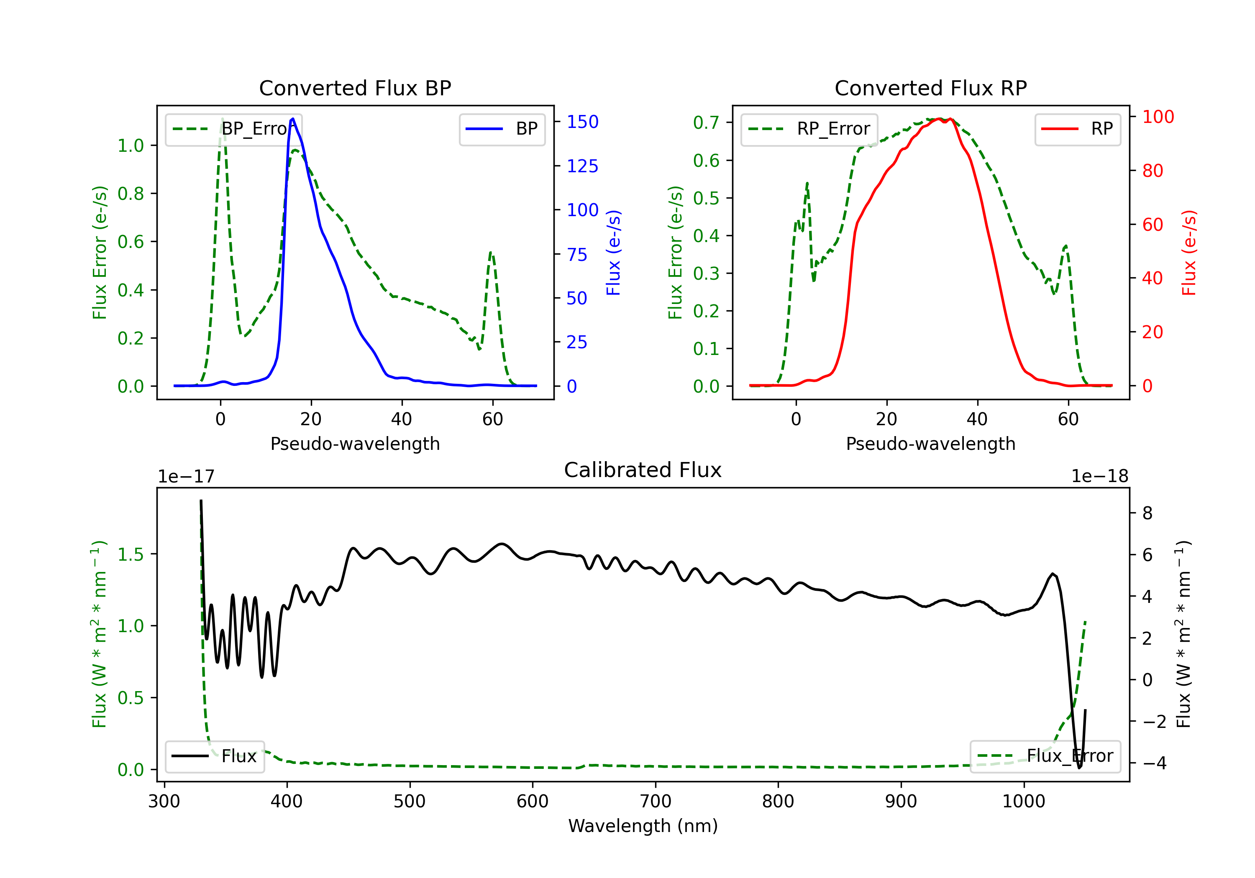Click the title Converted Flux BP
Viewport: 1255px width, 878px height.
click(x=355, y=88)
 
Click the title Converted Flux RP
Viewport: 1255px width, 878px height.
click(x=931, y=88)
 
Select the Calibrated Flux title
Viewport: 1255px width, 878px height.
click(x=643, y=470)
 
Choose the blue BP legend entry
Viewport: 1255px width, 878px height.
click(x=502, y=129)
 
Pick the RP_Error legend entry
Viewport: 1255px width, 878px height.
click(x=809, y=129)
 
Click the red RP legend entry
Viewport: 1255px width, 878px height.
click(x=1077, y=129)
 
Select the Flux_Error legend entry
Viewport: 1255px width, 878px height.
click(x=1045, y=756)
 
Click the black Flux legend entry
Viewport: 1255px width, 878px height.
click(x=214, y=756)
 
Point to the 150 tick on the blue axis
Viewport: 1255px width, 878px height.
click(x=583, y=122)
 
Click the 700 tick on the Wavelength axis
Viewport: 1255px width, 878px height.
click(x=656, y=801)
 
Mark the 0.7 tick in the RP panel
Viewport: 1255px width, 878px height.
click(x=706, y=123)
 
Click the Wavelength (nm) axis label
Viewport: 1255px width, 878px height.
click(x=643, y=826)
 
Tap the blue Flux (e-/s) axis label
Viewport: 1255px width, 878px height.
click(x=614, y=253)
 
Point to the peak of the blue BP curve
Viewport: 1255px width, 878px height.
click(x=293, y=119)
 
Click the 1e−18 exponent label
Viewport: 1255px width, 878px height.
click(x=1100, y=477)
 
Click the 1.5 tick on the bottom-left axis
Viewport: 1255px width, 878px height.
click(x=131, y=554)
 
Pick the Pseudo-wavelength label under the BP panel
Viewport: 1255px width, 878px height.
click(x=355, y=444)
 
